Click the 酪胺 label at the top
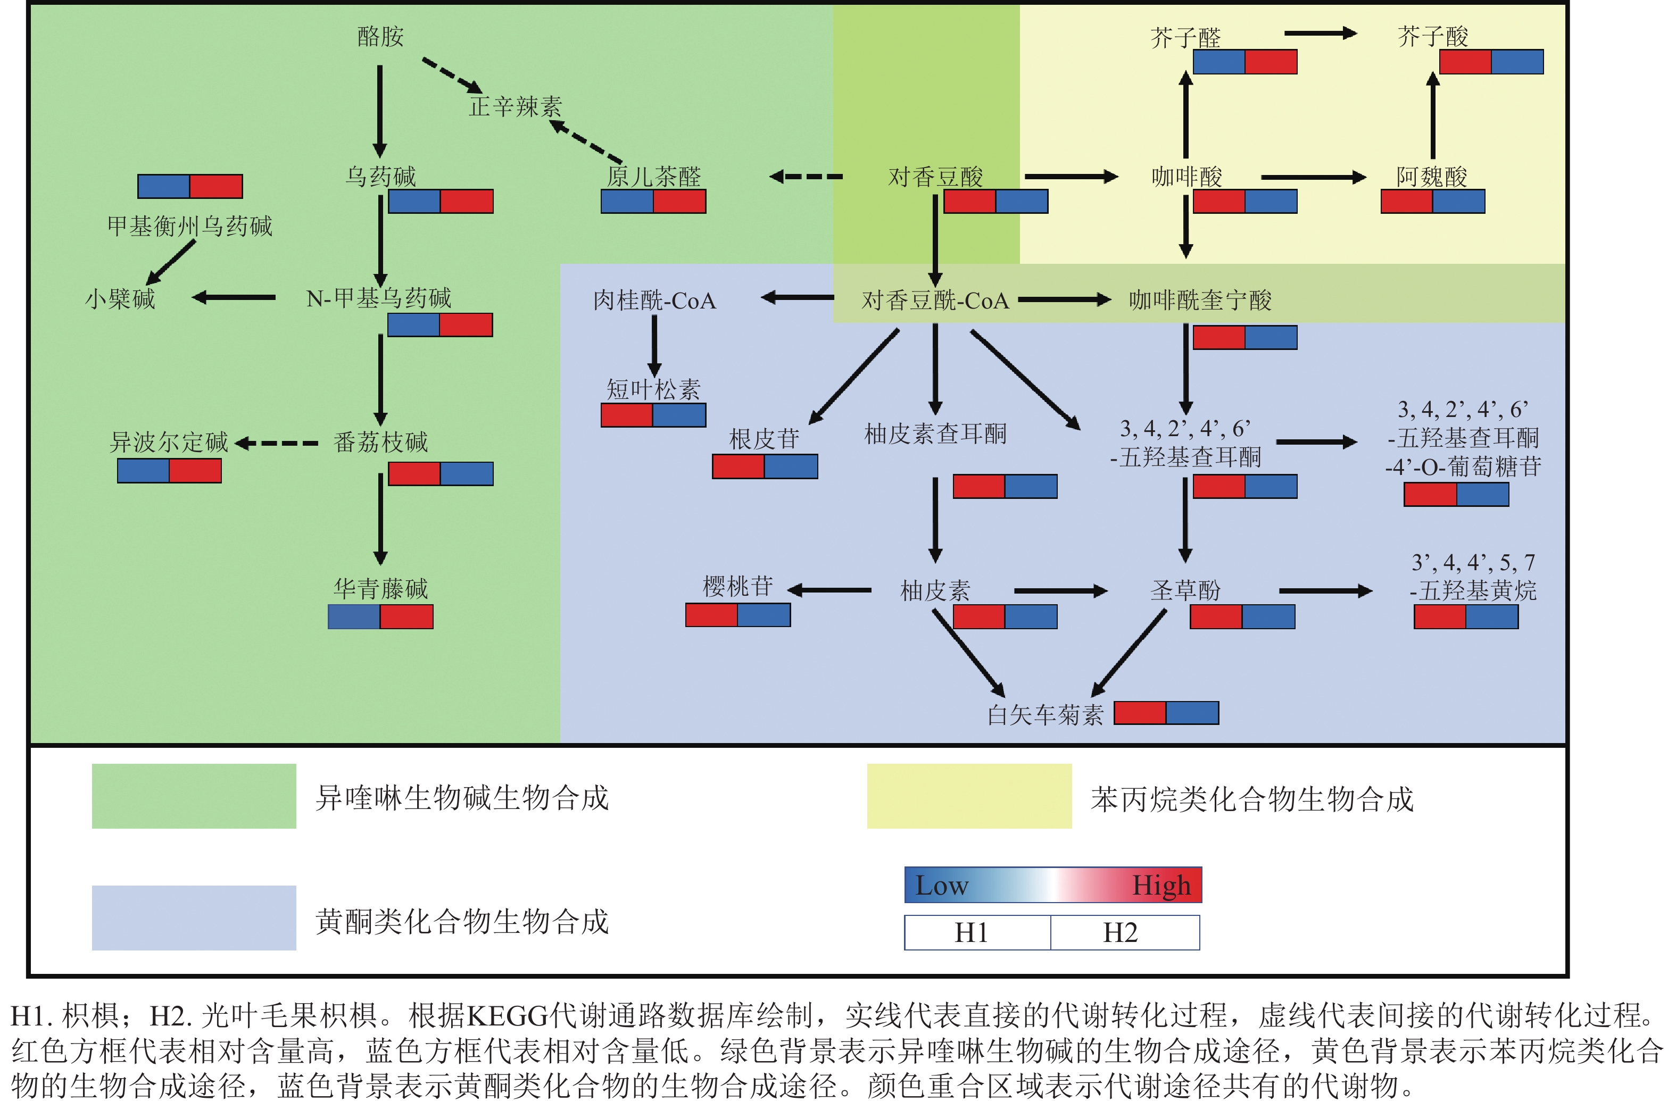click(380, 37)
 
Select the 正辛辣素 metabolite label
click(516, 107)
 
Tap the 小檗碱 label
click(120, 299)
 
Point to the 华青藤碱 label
click(380, 588)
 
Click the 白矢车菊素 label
click(1045, 715)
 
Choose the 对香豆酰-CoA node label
click(935, 301)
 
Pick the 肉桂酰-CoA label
click(654, 301)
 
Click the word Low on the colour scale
click(942, 886)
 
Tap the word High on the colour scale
click(1161, 886)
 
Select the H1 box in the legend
click(977, 933)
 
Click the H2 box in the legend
click(1125, 933)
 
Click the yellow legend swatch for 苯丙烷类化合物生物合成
click(969, 796)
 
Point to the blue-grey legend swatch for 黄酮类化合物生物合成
click(194, 918)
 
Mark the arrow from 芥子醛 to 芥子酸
click(1320, 33)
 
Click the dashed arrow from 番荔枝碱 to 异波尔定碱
click(276, 444)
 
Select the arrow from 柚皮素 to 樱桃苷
click(829, 590)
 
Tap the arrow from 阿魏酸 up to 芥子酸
click(1432, 116)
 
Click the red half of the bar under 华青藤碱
click(406, 616)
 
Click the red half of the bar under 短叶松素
click(627, 415)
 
